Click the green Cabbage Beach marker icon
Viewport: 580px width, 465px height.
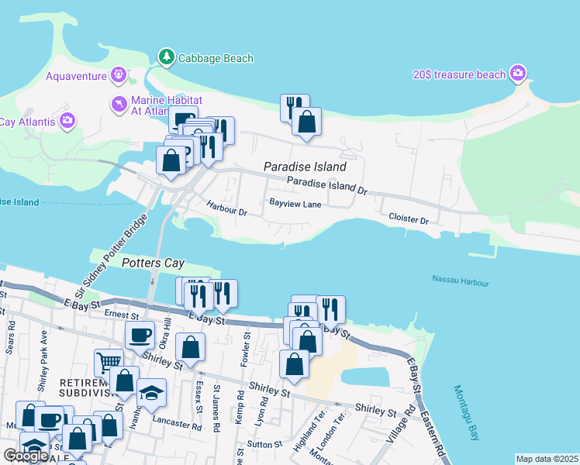click(166, 57)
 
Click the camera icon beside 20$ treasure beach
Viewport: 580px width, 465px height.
click(519, 74)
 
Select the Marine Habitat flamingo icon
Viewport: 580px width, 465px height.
click(119, 105)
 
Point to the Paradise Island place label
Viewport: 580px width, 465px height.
click(304, 167)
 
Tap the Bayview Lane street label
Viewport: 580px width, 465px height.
click(295, 204)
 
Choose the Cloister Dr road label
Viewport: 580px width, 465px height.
click(409, 220)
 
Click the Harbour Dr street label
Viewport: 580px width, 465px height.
click(226, 208)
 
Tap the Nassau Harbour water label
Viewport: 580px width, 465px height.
click(461, 280)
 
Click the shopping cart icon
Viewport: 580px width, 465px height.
click(109, 361)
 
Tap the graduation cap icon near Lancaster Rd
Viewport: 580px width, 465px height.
click(151, 392)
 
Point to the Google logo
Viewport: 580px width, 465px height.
click(26, 455)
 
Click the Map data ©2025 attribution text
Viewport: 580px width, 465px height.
click(546, 459)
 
